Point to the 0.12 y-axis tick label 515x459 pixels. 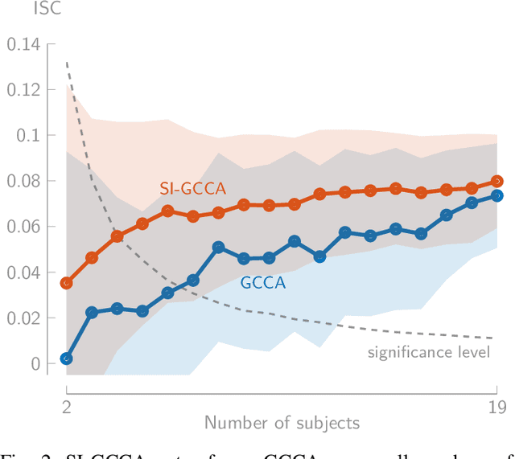(23, 89)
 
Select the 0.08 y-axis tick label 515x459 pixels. (23, 181)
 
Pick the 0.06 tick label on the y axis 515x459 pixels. (23, 227)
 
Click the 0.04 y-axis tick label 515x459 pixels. (23, 273)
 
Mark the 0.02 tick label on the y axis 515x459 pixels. (23, 318)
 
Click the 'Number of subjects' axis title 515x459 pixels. (281, 423)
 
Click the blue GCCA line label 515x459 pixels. (262, 281)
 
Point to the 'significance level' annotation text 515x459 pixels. (429, 352)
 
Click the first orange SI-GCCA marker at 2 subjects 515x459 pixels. (66, 283)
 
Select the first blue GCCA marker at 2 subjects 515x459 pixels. (66, 359)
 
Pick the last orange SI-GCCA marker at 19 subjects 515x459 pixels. (496, 182)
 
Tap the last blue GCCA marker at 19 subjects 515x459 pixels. (496, 195)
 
